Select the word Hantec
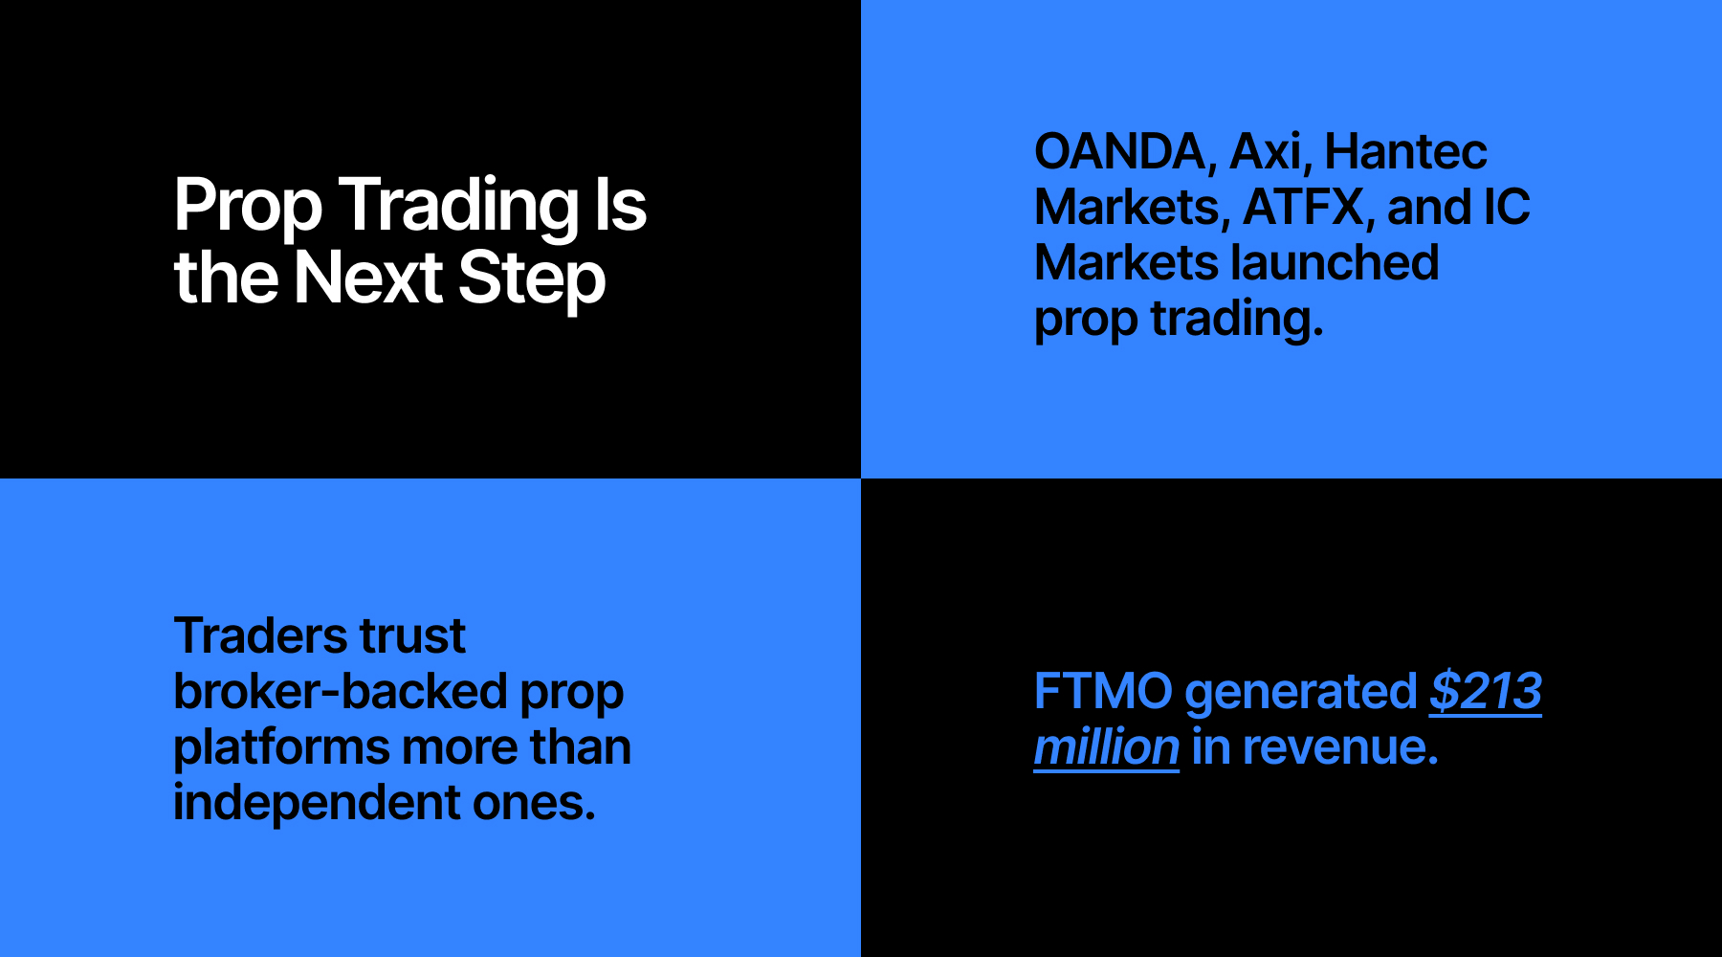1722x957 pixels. pyautogui.click(x=1406, y=152)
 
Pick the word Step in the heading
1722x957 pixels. pyautogui.click(x=532, y=278)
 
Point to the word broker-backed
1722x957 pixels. pyautogui.click(x=340, y=691)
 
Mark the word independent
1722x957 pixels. pyautogui.click(x=317, y=803)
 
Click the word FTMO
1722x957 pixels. pyautogui.click(x=1103, y=691)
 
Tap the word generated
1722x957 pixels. pyautogui.click(x=1301, y=693)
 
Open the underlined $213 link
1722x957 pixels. pyautogui.click(x=1486, y=691)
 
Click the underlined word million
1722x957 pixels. pyautogui.click(x=1106, y=746)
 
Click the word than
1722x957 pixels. pyautogui.click(x=581, y=746)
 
